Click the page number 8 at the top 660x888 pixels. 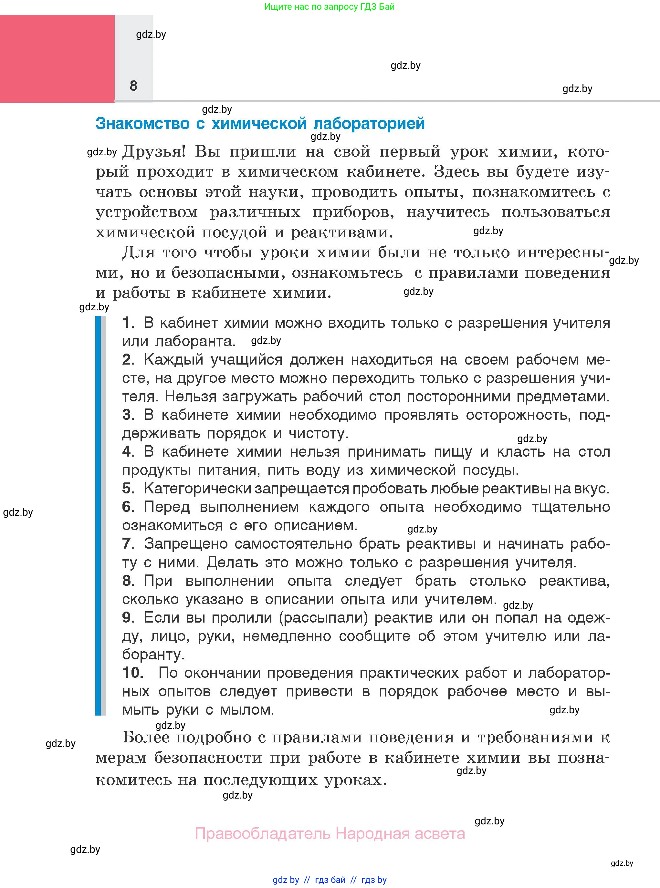coord(133,86)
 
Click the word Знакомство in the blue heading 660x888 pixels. coord(142,123)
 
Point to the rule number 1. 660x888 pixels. coord(128,323)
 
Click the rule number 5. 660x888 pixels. coord(128,488)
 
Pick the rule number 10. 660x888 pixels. coord(133,673)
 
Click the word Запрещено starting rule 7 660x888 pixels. coord(186,543)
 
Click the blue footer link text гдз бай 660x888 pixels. coord(330,880)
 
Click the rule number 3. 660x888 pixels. coord(128,415)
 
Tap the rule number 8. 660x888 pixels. coord(128,581)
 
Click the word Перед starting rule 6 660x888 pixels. coord(167,507)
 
